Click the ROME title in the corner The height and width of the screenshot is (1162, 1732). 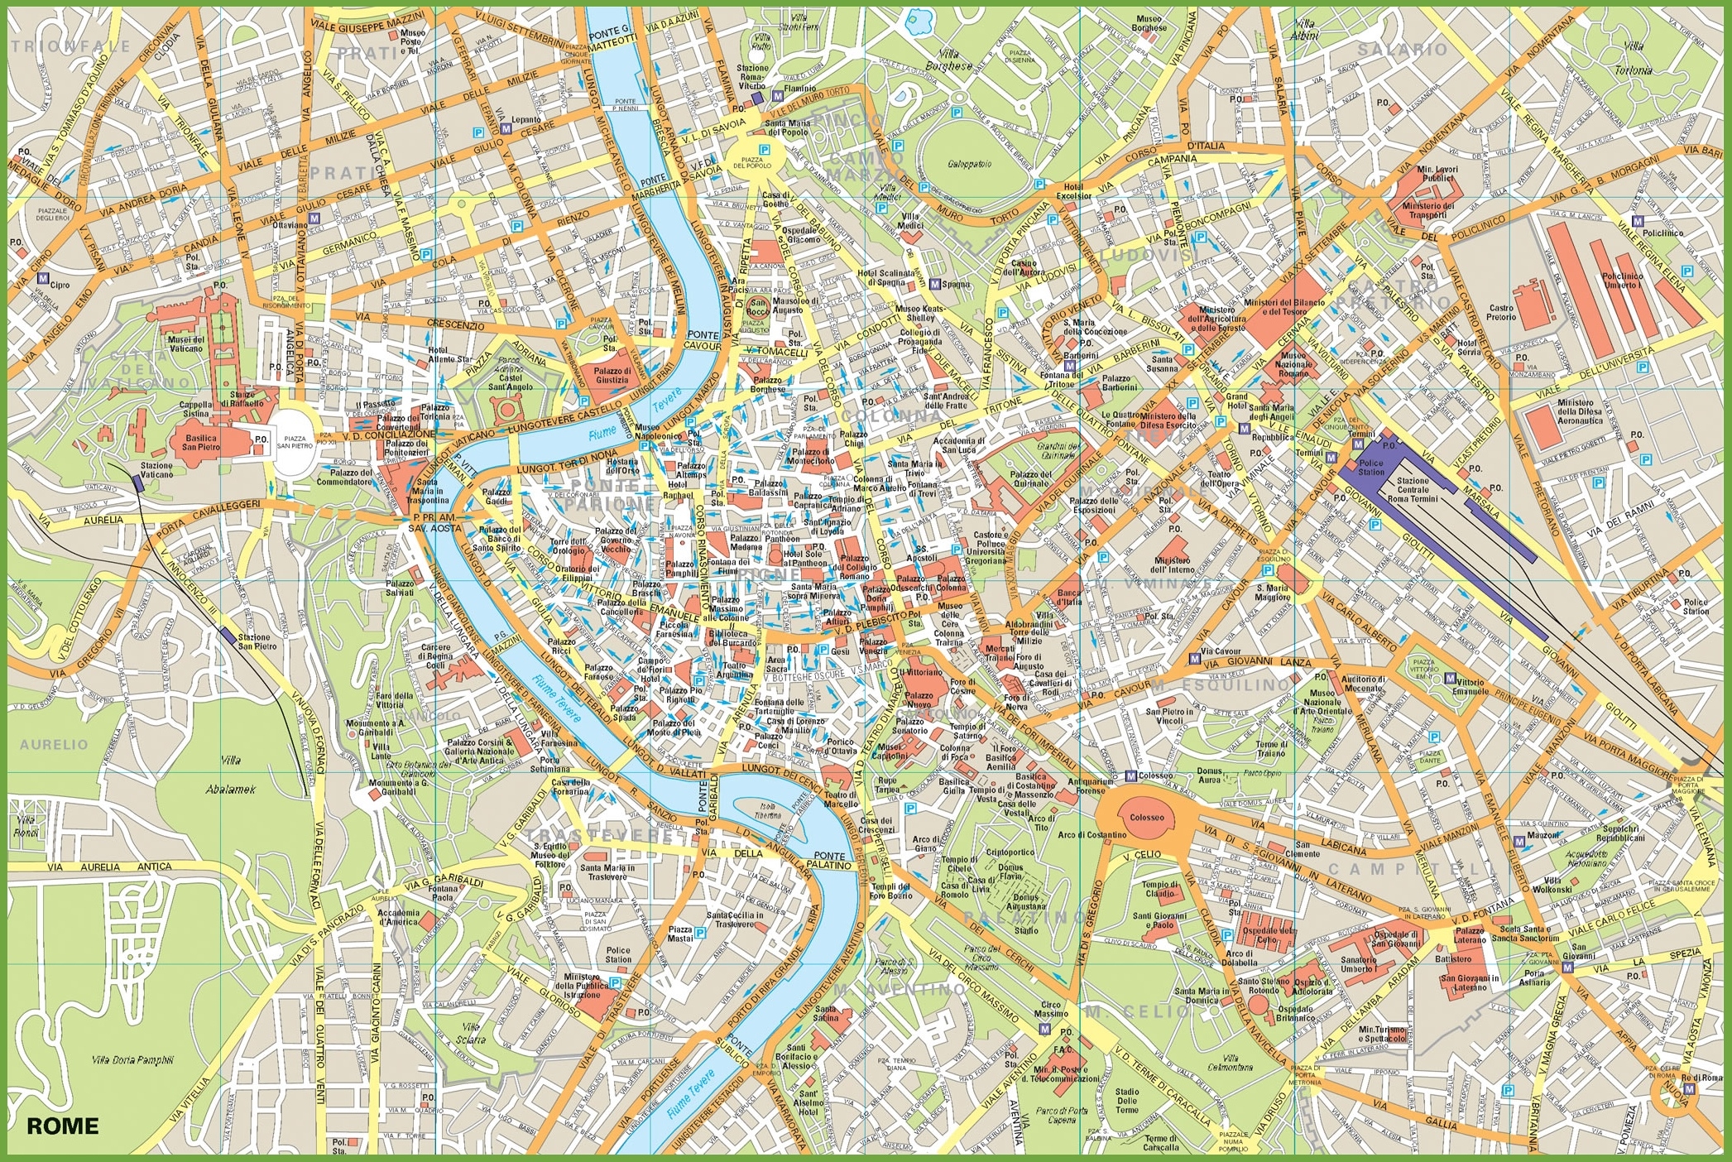pos(62,1126)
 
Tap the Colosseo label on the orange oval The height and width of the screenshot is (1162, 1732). pos(1147,817)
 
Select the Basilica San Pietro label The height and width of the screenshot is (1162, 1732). pos(201,443)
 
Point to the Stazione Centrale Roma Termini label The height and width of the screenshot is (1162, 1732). pos(1413,490)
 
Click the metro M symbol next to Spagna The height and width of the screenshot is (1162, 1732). pos(935,284)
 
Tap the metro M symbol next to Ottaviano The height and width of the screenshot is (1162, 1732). pos(314,218)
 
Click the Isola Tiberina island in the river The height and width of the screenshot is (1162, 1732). pos(768,810)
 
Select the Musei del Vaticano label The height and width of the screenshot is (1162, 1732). pos(186,343)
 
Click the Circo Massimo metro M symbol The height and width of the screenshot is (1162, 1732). pos(1044,1029)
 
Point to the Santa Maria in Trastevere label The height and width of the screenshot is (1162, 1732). pos(607,871)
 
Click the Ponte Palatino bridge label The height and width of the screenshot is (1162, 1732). pos(830,861)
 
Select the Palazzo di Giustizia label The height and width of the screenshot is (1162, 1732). pos(612,376)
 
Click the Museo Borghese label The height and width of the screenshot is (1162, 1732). pos(1149,23)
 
